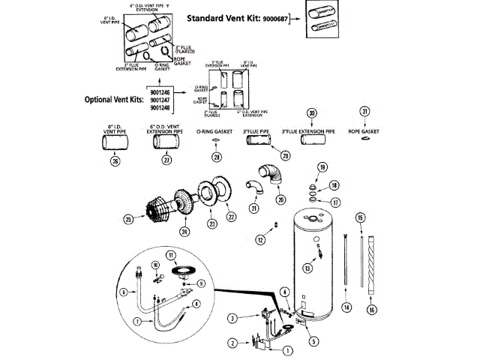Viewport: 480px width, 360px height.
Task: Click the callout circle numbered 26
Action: click(114, 159)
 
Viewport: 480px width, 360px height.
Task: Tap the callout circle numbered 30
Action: click(312, 112)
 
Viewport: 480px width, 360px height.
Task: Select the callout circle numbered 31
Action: click(365, 112)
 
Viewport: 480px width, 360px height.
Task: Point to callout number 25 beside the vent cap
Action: click(130, 220)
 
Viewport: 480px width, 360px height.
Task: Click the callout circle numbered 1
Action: click(286, 349)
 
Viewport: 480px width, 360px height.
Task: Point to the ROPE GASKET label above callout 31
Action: click(365, 130)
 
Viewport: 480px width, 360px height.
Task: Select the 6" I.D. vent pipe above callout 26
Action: click(114, 142)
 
